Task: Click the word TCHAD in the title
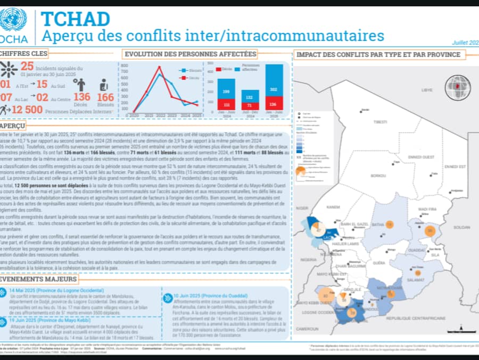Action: point(76,19)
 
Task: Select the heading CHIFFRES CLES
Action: point(24,53)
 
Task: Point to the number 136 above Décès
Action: point(82,97)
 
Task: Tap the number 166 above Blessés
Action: point(105,97)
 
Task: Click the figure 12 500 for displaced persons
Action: point(27,109)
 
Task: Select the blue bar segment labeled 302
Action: point(274,90)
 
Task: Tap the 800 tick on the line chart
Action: point(125,66)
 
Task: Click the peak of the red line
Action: point(160,67)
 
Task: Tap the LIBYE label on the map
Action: point(427,90)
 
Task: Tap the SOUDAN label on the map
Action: point(459,227)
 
